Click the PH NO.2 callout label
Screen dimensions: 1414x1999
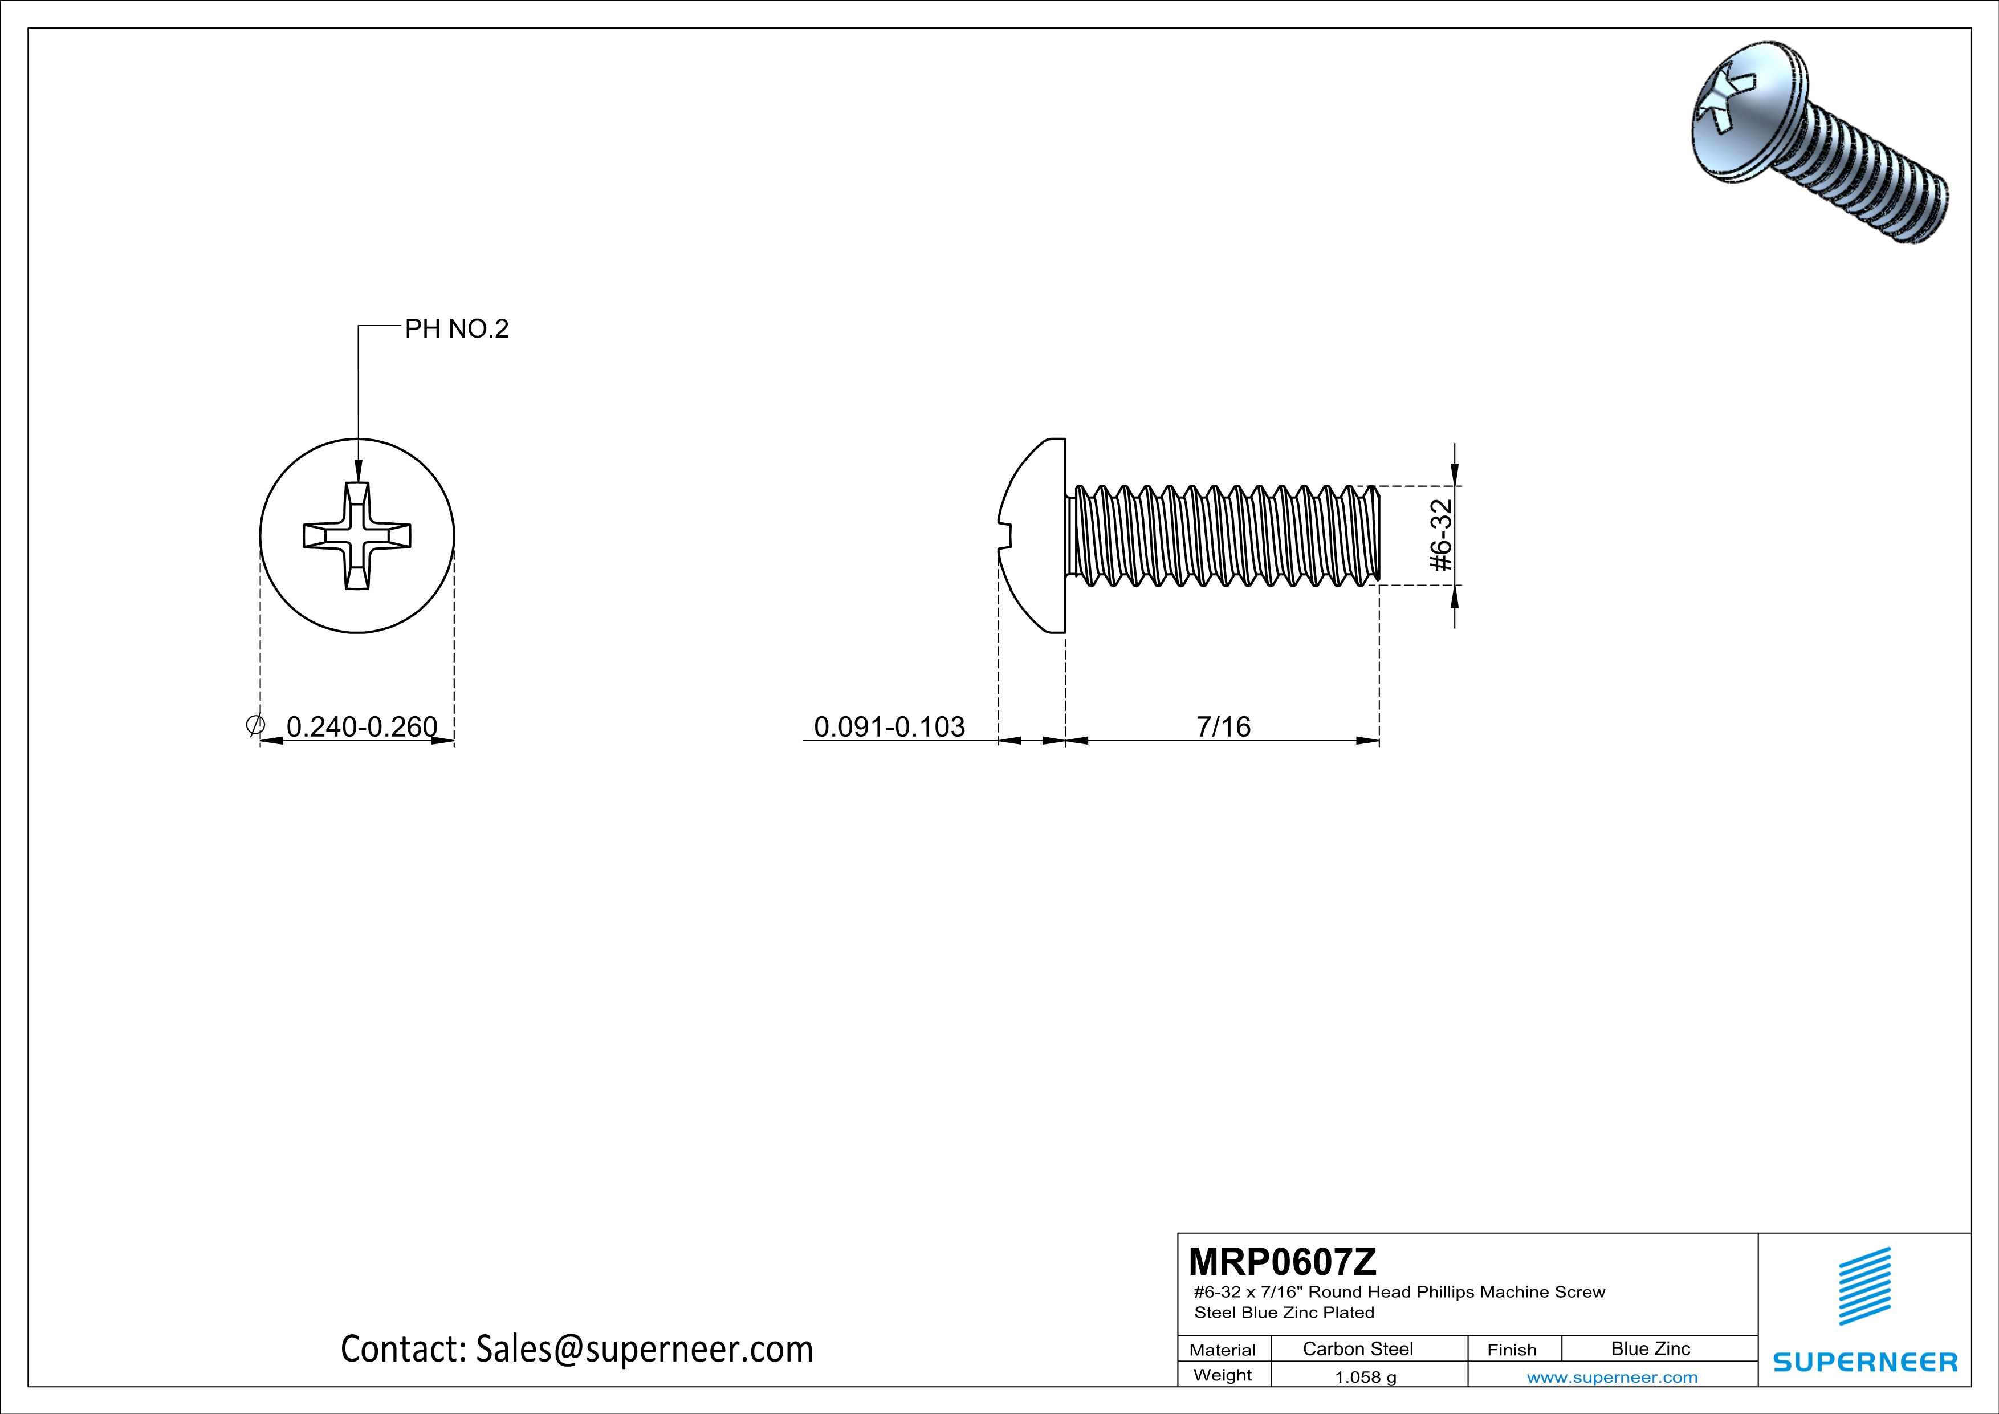coord(456,329)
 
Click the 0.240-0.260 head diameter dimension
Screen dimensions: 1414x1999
coord(361,726)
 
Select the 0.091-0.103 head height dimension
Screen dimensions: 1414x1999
coord(889,726)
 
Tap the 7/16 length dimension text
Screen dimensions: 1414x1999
coord(1223,726)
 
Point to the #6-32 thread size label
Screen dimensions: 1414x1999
coord(1442,535)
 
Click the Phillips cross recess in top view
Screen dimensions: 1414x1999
coord(357,535)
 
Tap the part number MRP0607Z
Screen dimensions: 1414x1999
coord(1281,1261)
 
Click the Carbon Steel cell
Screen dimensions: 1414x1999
coord(1357,1348)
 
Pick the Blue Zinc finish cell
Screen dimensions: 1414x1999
coord(1650,1348)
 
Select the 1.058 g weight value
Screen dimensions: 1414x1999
coord(1365,1376)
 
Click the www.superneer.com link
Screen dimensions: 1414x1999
coord(1611,1376)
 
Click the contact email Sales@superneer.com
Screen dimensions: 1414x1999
coord(576,1348)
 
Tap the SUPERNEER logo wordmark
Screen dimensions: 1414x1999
coord(1865,1362)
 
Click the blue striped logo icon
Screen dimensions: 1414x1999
coord(1864,1286)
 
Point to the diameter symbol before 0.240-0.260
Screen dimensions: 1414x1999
coord(255,725)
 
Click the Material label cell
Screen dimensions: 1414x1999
coord(1223,1350)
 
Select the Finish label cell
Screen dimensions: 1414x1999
coord(1512,1350)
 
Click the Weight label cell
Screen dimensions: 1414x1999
coord(1223,1375)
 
